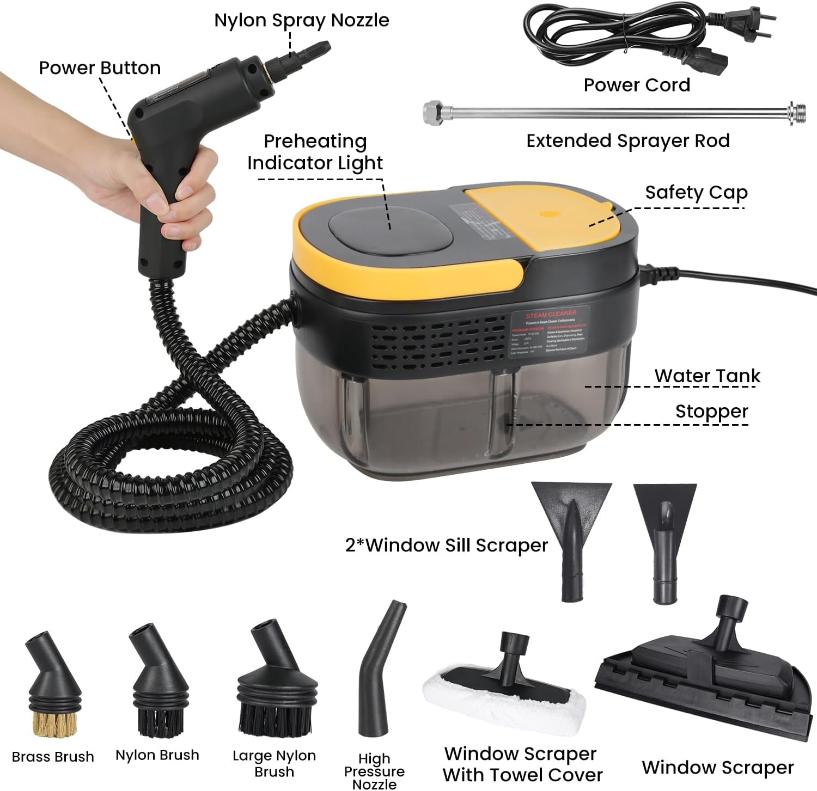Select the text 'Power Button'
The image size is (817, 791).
[100, 68]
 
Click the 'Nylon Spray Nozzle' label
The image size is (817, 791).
[301, 20]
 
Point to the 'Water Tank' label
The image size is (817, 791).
[707, 376]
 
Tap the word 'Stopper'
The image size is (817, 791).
[711, 411]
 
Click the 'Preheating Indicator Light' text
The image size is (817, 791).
[315, 152]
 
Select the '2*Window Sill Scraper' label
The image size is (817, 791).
[446, 545]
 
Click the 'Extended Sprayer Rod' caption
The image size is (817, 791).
[627, 141]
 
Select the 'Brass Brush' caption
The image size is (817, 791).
[53, 757]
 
